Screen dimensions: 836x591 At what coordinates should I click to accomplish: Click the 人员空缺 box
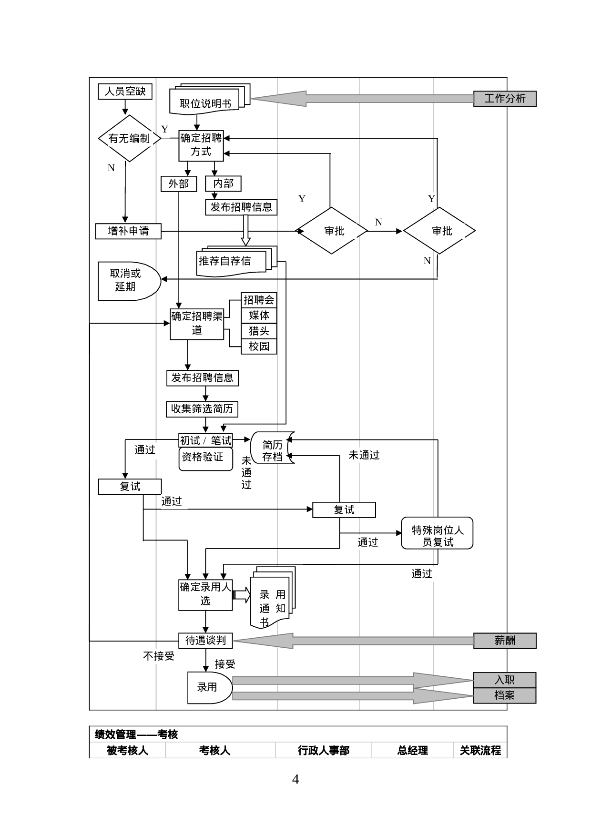pos(125,91)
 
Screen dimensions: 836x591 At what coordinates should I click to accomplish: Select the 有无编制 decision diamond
pos(129,138)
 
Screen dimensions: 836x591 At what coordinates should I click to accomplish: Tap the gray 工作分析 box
pos(505,99)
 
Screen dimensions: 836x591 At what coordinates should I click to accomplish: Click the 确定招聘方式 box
pos(201,145)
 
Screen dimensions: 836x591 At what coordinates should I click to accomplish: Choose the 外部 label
pos(179,184)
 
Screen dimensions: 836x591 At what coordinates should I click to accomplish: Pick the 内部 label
pos(223,184)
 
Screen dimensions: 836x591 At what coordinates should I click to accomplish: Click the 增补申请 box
pos(128,231)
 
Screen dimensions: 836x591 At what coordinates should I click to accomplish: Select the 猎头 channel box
pos(259,331)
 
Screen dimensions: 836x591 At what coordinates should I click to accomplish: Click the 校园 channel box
pos(259,347)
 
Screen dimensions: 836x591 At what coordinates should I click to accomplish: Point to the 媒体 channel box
pos(259,316)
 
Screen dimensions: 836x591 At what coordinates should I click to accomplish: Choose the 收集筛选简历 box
pos(202,409)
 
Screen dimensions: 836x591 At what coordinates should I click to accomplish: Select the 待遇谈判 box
pos(205,641)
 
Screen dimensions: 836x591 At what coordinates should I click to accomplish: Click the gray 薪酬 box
pos(505,641)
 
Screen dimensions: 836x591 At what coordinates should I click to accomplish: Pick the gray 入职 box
pos(505,680)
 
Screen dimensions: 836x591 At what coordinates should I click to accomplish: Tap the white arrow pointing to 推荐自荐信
pos(246,230)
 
